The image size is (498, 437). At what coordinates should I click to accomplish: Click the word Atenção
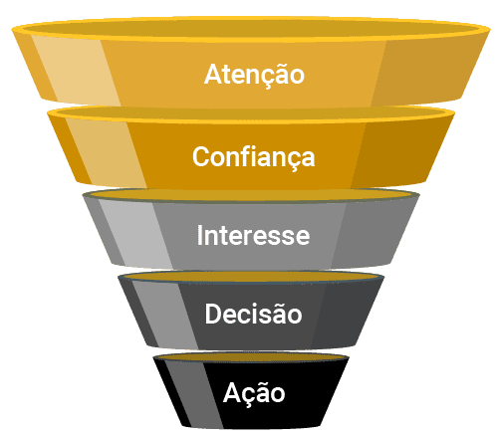[254, 74]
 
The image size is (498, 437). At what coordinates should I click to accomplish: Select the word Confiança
[254, 157]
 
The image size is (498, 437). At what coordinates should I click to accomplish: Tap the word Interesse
[253, 235]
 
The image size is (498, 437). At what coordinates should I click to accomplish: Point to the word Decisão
[253, 314]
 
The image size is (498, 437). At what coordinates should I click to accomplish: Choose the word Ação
[254, 393]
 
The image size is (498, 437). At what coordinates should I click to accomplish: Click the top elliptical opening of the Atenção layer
[251, 29]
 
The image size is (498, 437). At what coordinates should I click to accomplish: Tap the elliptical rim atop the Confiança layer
[251, 113]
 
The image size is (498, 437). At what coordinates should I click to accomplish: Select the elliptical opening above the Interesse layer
[251, 195]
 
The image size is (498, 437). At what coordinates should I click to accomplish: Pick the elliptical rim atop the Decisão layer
[251, 277]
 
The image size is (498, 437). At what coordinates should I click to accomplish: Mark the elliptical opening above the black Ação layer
[251, 357]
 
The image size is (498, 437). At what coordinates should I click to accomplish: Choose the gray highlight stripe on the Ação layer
[193, 393]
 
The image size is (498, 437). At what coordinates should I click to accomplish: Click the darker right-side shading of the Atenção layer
[428, 71]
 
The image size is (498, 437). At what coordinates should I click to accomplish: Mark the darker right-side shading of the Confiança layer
[400, 151]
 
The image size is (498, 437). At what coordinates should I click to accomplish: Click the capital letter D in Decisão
[214, 314]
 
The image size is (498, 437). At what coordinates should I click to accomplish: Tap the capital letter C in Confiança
[202, 156]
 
